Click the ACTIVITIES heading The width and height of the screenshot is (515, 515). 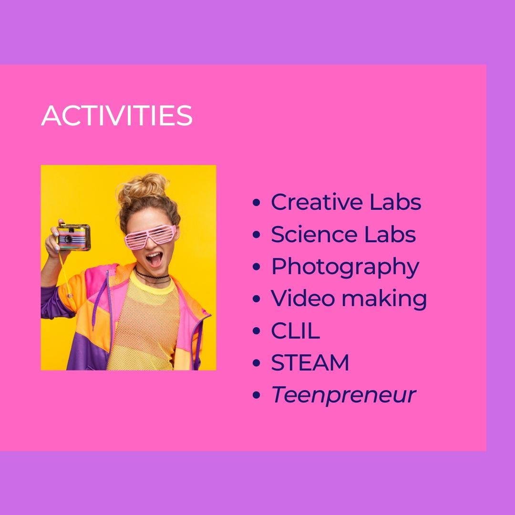point(117,115)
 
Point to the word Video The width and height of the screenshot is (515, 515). point(303,298)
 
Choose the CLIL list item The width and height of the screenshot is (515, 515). point(295,330)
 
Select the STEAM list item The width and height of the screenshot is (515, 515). point(310,362)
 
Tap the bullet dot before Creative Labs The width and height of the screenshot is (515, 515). point(257,202)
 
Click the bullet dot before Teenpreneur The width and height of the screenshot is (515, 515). point(257,395)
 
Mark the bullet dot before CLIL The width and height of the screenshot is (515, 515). point(257,331)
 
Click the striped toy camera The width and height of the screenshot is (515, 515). point(73,237)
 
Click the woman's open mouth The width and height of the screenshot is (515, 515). point(154,259)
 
